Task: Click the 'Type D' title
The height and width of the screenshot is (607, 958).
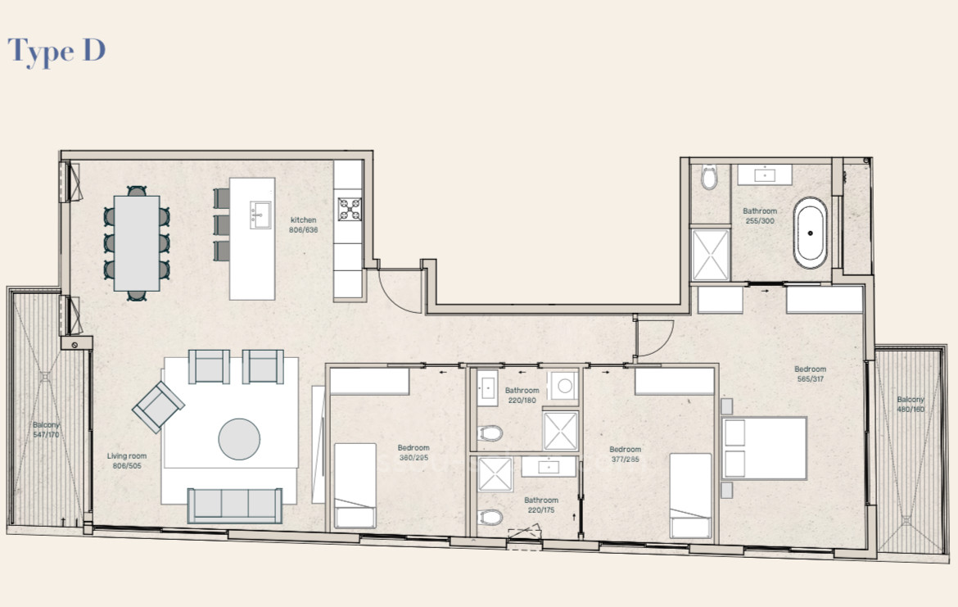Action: [x=56, y=51]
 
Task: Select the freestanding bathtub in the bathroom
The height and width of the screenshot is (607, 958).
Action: [x=811, y=233]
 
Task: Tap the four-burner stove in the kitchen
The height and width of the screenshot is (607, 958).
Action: [x=350, y=210]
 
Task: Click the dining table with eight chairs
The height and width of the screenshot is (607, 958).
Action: [x=137, y=243]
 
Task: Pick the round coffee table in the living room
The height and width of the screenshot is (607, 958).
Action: [x=239, y=439]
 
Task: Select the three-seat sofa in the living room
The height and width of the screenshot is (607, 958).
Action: [x=234, y=505]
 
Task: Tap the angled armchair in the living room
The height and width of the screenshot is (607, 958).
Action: [x=158, y=406]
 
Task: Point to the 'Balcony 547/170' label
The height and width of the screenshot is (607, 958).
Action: [x=46, y=430]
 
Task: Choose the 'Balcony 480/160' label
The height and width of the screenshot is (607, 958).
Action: [x=910, y=404]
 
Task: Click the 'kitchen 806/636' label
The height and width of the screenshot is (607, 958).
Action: [x=304, y=224]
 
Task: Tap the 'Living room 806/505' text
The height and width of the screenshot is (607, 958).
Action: [x=127, y=460]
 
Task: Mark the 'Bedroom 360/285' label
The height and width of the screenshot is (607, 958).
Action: [x=413, y=453]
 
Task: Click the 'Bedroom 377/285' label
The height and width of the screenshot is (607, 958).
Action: [x=625, y=455]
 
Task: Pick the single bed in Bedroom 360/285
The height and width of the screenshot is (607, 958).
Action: [x=355, y=485]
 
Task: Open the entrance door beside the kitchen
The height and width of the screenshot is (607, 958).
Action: [x=399, y=287]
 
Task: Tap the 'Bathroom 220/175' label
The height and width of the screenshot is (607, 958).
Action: [x=541, y=505]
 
